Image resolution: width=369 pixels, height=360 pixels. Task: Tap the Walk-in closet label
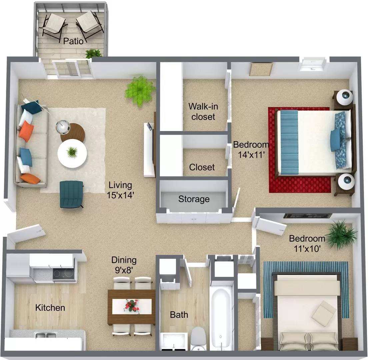click(x=202, y=111)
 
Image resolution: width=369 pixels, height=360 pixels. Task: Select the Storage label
click(x=194, y=199)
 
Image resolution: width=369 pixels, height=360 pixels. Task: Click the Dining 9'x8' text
click(x=124, y=265)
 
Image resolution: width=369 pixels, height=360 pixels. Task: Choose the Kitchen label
click(x=50, y=307)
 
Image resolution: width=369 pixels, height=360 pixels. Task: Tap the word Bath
click(x=179, y=314)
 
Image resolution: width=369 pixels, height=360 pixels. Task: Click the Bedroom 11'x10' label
click(x=307, y=243)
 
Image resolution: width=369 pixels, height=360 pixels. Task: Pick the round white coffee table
click(x=72, y=153)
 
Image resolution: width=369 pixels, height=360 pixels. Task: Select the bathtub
click(x=221, y=317)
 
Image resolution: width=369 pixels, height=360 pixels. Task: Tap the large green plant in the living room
click(x=140, y=90)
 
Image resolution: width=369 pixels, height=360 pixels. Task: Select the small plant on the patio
click(x=93, y=53)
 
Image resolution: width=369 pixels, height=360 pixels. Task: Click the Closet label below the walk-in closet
click(x=202, y=167)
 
